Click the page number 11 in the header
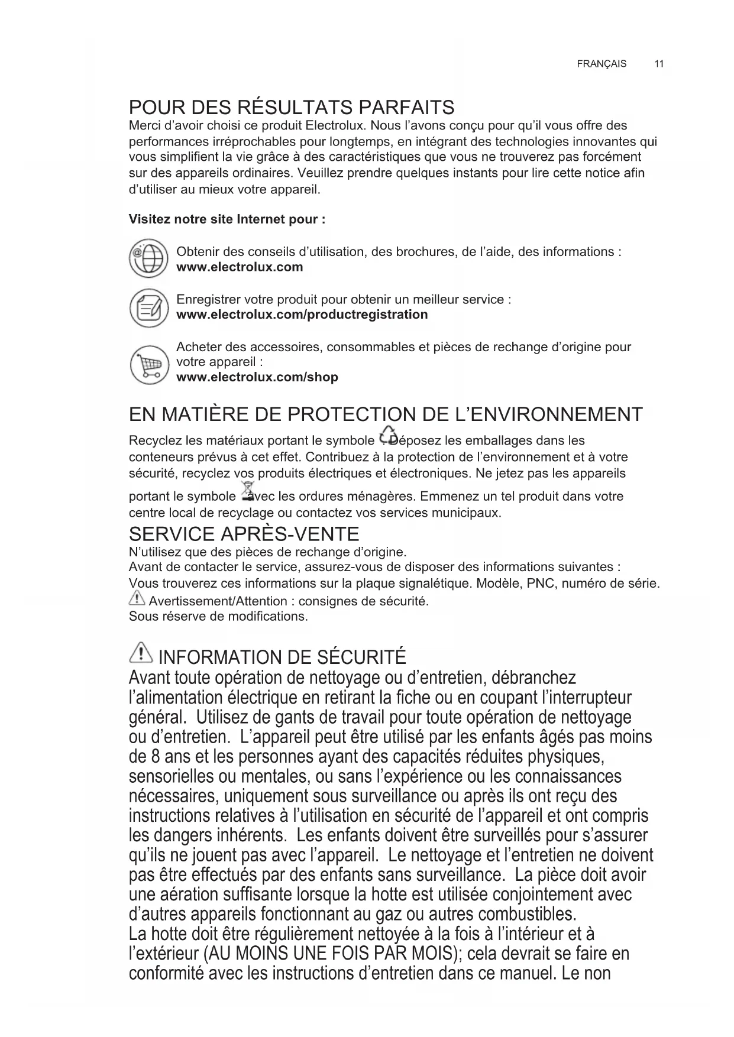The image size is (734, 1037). tap(659, 64)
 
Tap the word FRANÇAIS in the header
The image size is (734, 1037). tap(602, 64)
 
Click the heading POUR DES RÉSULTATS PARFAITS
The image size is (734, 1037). tap(292, 108)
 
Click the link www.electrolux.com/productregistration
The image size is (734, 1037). tap(302, 315)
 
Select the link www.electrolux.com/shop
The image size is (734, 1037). tap(257, 377)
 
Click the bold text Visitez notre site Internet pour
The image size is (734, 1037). tap(227, 219)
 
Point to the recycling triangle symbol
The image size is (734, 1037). tap(387, 435)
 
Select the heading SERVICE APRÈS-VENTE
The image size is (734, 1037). tap(244, 534)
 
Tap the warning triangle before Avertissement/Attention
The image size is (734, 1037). tap(137, 599)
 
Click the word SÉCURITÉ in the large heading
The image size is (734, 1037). tap(361, 657)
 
